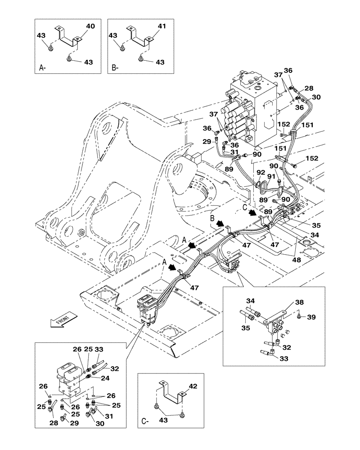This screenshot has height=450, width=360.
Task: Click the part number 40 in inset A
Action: tap(90, 27)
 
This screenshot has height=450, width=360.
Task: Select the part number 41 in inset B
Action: tap(162, 27)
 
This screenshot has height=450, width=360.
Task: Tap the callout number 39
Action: tap(311, 317)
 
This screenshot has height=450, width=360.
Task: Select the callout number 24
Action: tap(105, 378)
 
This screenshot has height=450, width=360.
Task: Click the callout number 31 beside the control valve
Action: tap(234, 152)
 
